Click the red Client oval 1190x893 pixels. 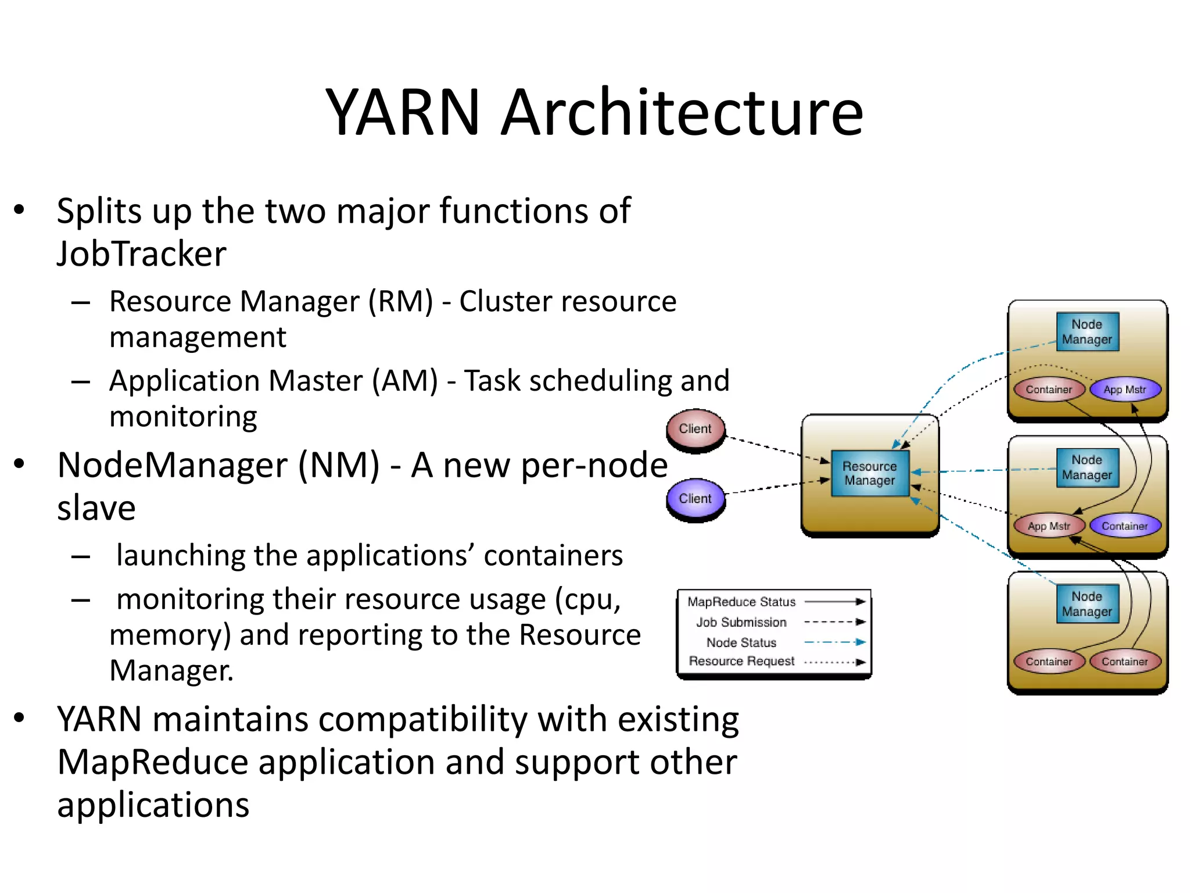tap(696, 429)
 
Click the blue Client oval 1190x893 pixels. tap(696, 499)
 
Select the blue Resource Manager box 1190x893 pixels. tap(870, 473)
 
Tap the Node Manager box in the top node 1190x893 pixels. tap(1087, 332)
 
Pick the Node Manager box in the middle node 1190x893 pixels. tap(1087, 467)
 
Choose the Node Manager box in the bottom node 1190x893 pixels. tap(1087, 604)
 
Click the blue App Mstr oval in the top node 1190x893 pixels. tap(1125, 390)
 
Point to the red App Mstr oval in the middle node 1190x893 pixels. tap(1049, 526)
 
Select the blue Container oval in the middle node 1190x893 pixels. tap(1125, 526)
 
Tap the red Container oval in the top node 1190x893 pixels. tap(1049, 390)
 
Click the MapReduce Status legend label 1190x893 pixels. tap(741, 602)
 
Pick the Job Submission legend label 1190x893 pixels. tap(741, 622)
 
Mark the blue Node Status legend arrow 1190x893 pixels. tap(835, 642)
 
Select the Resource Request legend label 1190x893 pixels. tap(741, 661)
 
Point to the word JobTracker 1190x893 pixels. tap(142, 254)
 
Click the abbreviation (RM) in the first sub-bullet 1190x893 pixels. tap(401, 301)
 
